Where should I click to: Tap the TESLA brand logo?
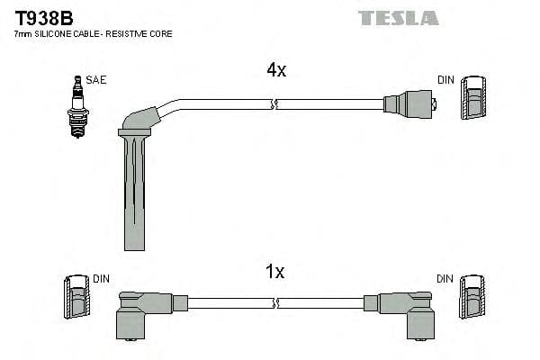(398, 17)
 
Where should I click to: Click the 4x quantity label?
(276, 70)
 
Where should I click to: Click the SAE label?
(96, 80)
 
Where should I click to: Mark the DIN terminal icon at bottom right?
(473, 297)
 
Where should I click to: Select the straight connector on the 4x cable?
(409, 104)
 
